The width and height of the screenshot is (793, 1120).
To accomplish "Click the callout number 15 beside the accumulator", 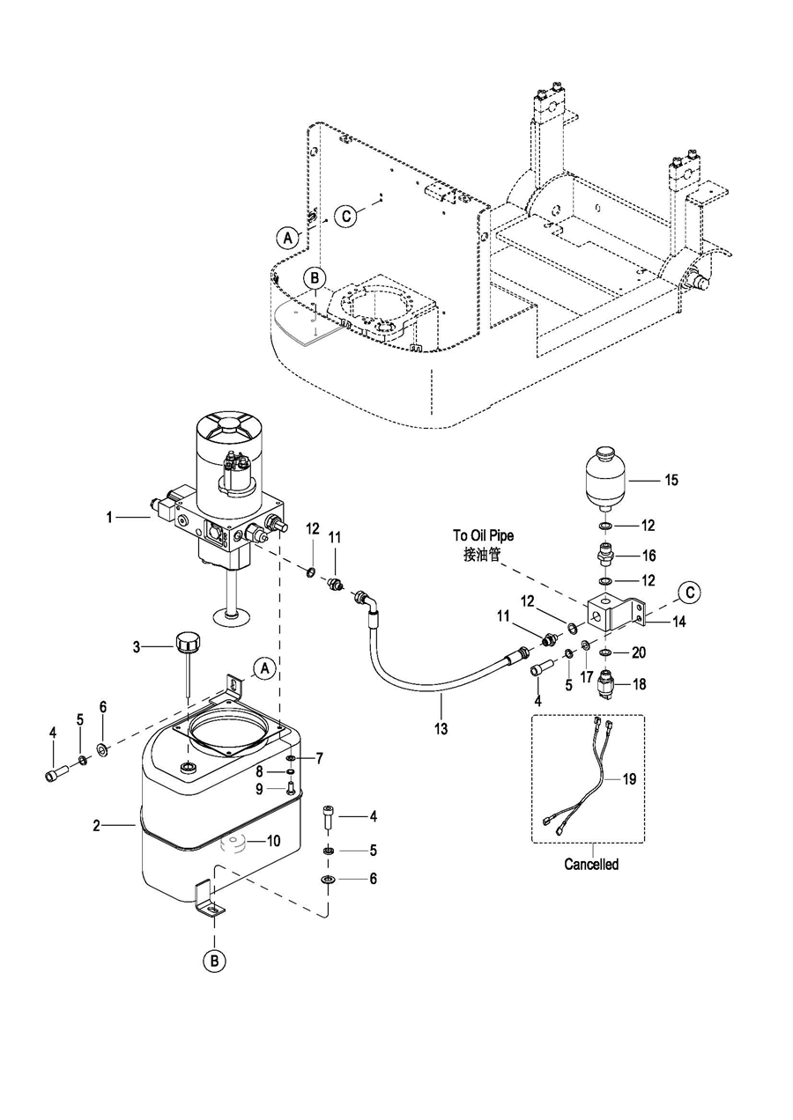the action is point(671,480).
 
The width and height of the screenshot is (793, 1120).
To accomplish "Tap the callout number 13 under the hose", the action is point(441,729).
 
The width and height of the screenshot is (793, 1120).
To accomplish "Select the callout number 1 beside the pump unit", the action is point(109,517).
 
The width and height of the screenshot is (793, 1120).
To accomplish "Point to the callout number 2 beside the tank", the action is point(97,825).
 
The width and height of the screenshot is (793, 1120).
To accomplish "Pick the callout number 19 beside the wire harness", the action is point(629,778).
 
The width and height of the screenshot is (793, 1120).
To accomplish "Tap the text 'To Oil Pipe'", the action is point(484,535).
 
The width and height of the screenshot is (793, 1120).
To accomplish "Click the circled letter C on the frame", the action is point(346,217).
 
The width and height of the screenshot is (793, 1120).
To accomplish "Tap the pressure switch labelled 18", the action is point(606,683).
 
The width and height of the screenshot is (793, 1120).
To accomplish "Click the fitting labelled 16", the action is point(605,554).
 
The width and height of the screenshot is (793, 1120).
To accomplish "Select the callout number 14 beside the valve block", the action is point(679,622).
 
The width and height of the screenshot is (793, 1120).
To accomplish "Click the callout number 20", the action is point(639,652).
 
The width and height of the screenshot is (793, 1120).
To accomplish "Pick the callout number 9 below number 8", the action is point(259,789).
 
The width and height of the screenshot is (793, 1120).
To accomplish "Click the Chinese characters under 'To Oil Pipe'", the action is point(482,555).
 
